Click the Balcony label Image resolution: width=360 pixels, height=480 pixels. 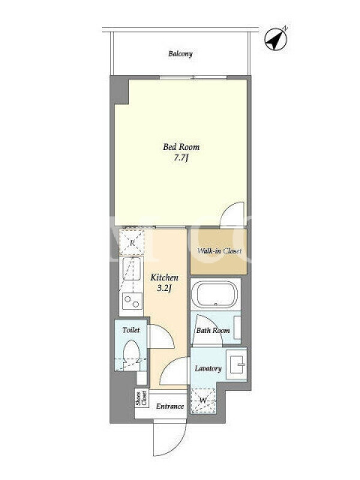point(181,54)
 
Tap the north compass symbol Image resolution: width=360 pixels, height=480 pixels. point(276,39)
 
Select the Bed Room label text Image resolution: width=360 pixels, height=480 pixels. point(181,147)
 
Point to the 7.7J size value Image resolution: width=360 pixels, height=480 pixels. point(181,158)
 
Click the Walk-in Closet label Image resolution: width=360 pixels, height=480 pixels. point(219,251)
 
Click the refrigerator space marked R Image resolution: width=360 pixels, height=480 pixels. point(131,243)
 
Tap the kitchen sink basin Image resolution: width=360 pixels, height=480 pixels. point(131,268)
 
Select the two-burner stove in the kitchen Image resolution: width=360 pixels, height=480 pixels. point(132,301)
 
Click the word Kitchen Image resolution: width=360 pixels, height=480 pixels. point(164,278)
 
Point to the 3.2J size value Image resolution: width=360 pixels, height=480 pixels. point(164,288)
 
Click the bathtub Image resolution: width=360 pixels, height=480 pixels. point(215,294)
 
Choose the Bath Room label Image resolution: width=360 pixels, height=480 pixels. point(213,331)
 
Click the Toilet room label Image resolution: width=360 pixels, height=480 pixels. point(131,330)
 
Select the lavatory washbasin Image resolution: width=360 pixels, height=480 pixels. point(236,364)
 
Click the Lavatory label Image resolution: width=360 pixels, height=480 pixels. point(208,368)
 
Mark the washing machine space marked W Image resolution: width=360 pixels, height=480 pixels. point(203,400)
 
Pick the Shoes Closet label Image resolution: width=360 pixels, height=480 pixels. point(142,398)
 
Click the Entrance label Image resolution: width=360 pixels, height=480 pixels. point(170,406)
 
